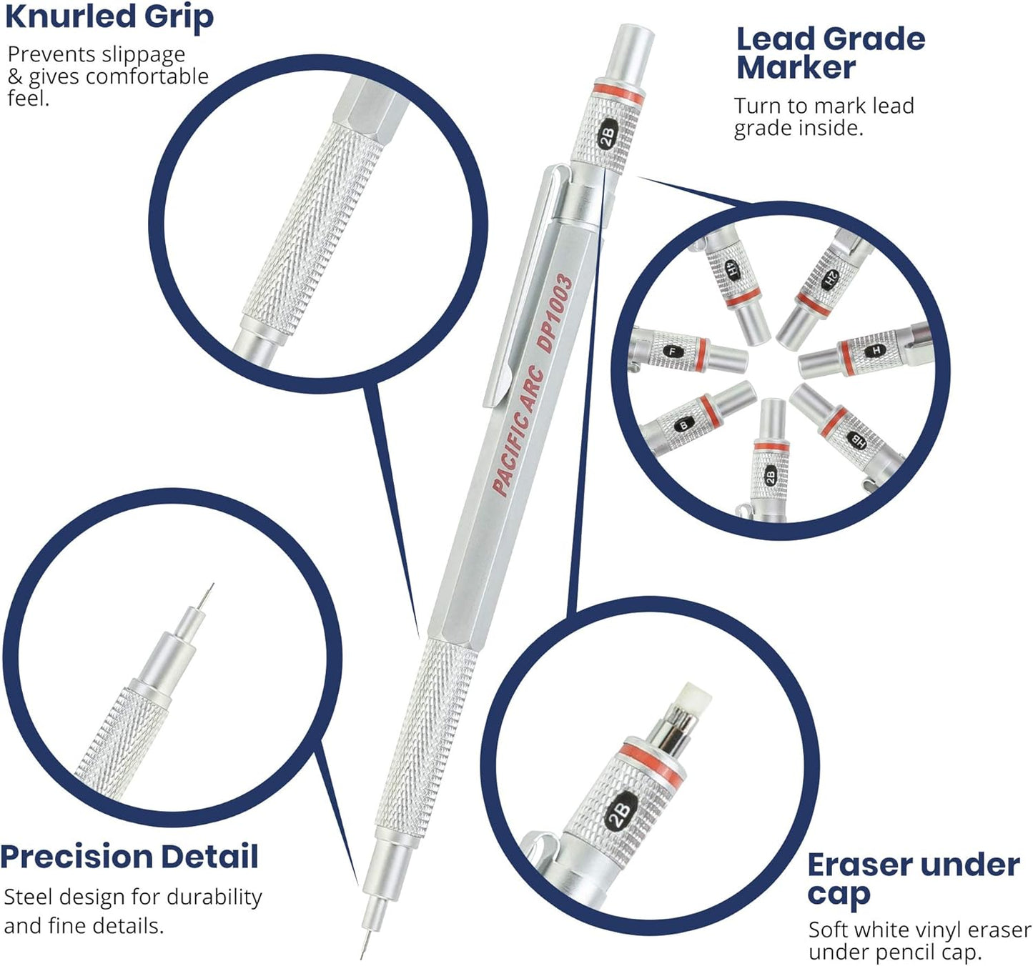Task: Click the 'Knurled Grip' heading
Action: pyautogui.click(x=109, y=17)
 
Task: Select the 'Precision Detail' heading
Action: pyautogui.click(x=129, y=857)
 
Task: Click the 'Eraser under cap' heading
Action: pyautogui.click(x=912, y=877)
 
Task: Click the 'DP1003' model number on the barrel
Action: pyautogui.click(x=556, y=312)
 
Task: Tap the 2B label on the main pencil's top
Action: pyautogui.click(x=607, y=135)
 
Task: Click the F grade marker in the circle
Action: pyautogui.click(x=671, y=351)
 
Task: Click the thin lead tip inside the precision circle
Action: pyautogui.click(x=207, y=594)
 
